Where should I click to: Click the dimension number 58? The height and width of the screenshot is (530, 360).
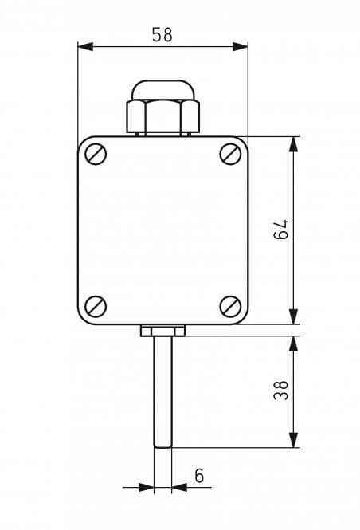(162, 35)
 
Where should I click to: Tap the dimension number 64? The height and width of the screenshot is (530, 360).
(281, 230)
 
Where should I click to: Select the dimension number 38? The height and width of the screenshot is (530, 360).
(281, 391)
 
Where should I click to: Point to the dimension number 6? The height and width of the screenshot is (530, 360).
(199, 476)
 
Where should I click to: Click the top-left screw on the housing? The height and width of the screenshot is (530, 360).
(96, 154)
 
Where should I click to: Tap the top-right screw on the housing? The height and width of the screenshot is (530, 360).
(230, 154)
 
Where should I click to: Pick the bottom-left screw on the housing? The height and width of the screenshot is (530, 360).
(96, 307)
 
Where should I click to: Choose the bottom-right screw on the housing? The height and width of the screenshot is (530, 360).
(230, 307)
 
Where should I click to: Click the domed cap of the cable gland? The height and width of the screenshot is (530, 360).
(163, 90)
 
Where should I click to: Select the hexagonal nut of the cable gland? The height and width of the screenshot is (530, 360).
(163, 116)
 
